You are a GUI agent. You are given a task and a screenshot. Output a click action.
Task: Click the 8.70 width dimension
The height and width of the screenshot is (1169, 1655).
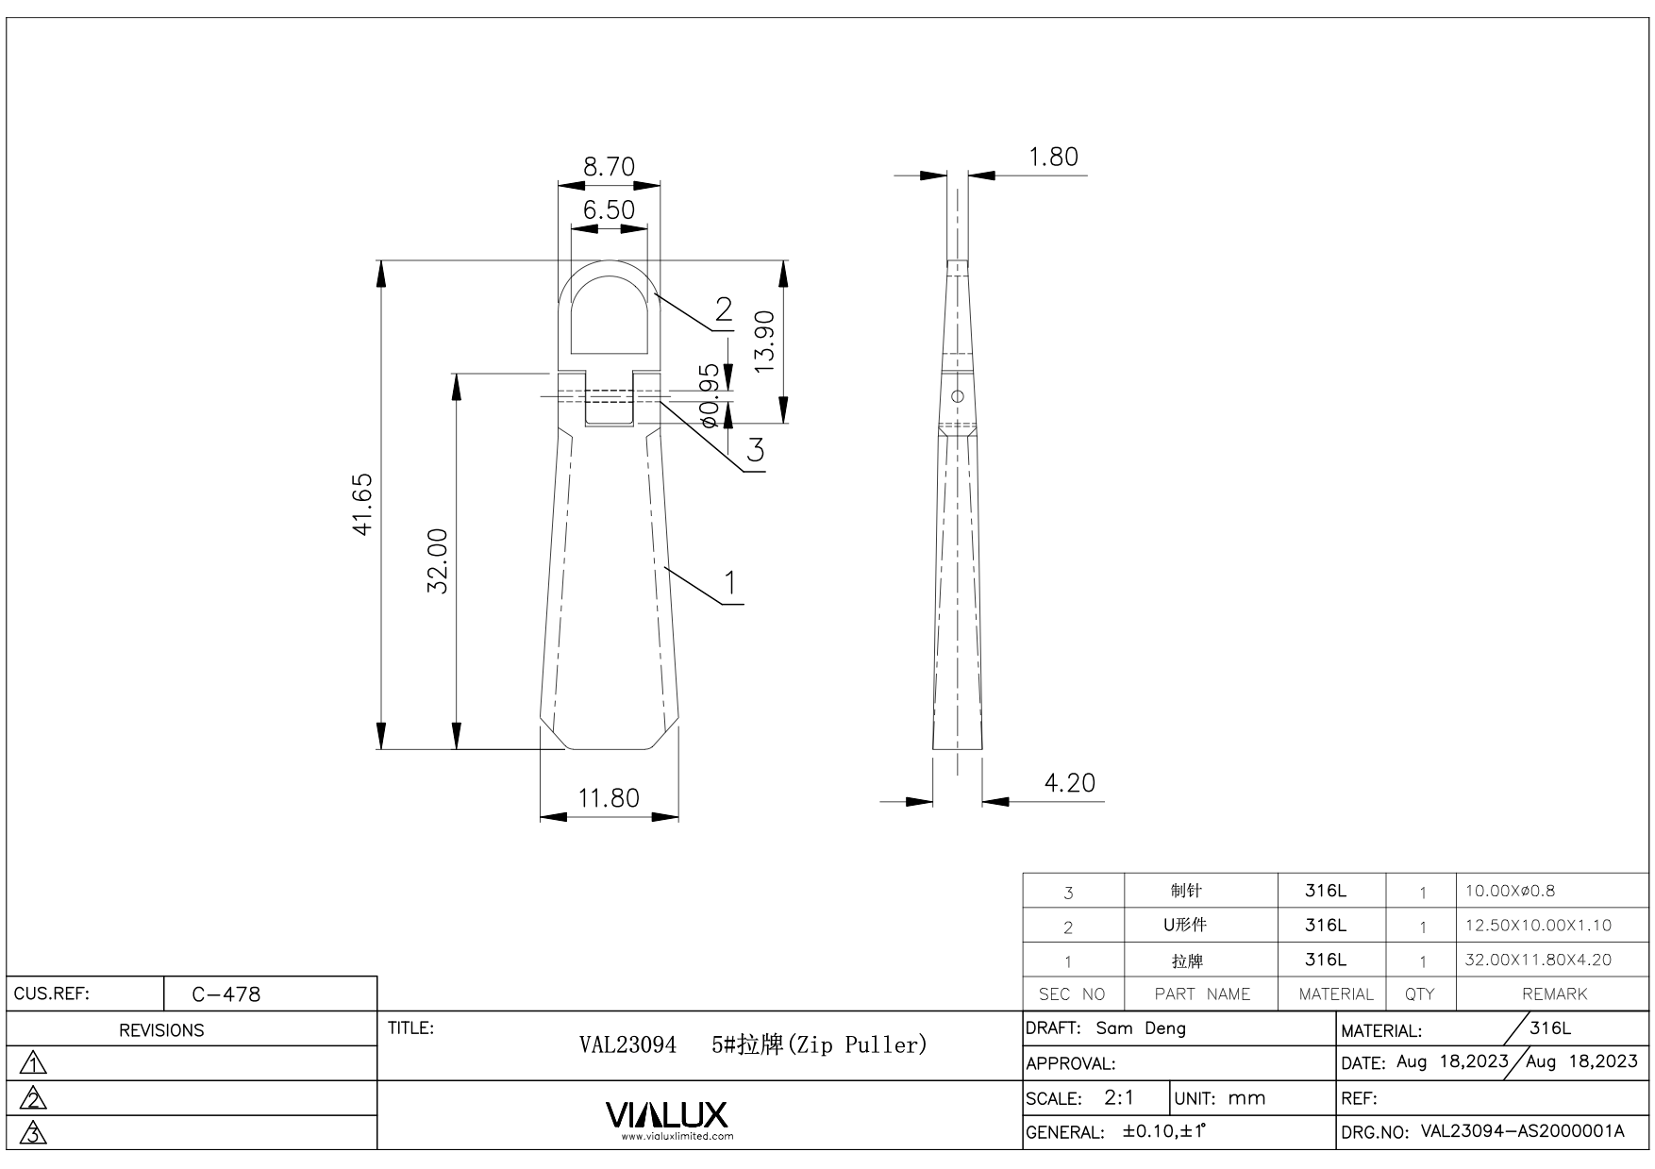click(x=609, y=167)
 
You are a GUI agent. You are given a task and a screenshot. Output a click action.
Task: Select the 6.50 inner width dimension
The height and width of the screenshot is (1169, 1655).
click(x=609, y=209)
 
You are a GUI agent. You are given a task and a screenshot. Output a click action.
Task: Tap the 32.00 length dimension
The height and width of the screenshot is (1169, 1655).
click(x=438, y=560)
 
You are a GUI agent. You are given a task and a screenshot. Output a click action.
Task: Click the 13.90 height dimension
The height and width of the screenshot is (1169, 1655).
click(x=764, y=341)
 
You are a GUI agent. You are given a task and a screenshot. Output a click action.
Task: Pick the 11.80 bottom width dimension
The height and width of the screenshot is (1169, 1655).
click(x=609, y=798)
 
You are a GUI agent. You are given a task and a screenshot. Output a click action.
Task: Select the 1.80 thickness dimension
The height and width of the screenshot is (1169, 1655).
click(x=1053, y=157)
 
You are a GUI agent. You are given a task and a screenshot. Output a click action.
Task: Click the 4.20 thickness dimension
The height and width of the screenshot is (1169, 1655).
click(x=1070, y=783)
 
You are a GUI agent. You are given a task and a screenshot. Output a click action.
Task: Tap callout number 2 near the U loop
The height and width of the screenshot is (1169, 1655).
click(x=724, y=309)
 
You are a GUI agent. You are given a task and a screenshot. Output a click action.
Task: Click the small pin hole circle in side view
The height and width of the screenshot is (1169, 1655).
click(x=958, y=396)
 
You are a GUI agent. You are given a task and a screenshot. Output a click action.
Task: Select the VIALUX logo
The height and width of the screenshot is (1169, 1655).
click(x=666, y=1115)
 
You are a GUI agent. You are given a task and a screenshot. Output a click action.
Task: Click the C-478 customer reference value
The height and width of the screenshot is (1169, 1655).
click(x=226, y=994)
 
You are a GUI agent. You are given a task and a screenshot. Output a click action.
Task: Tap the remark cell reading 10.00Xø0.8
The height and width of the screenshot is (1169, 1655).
click(x=1511, y=891)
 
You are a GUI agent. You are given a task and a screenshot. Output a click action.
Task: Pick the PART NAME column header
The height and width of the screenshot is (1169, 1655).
click(x=1202, y=994)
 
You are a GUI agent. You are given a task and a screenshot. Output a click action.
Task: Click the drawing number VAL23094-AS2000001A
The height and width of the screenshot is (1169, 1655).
click(x=1522, y=1132)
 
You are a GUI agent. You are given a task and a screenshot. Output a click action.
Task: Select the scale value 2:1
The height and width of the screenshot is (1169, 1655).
click(x=1119, y=1098)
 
